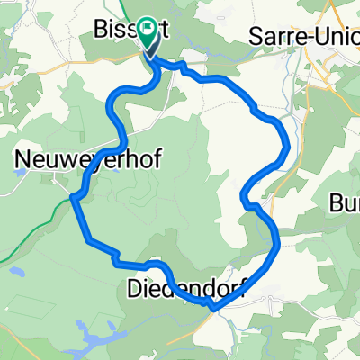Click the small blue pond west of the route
pyautogui.click(x=15, y=268)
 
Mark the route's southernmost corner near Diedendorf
pyautogui.click(x=213, y=309)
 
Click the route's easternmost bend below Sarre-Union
pyautogui.click(x=287, y=144)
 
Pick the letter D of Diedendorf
pyautogui.click(x=132, y=290)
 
